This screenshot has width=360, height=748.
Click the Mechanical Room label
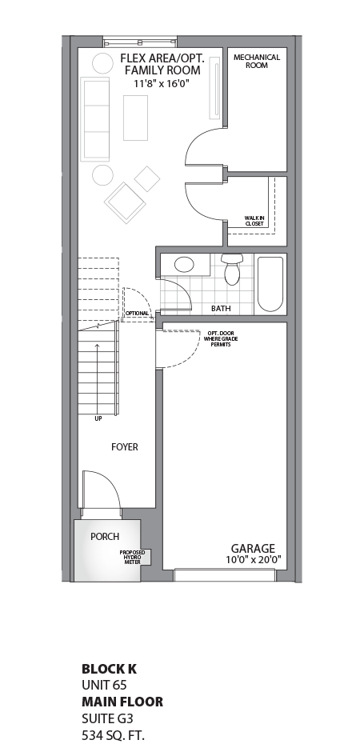click(x=256, y=61)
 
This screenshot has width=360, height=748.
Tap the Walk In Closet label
click(x=255, y=220)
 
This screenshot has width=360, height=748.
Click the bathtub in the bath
click(x=270, y=284)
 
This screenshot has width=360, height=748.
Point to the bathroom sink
click(x=184, y=265)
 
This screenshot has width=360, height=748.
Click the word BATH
click(x=221, y=308)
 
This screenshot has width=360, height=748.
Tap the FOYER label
click(x=124, y=447)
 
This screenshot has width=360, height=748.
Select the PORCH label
click(x=105, y=536)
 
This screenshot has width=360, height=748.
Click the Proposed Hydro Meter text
click(x=132, y=557)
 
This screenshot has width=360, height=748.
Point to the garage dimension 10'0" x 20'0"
click(x=253, y=560)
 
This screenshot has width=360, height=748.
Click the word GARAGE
click(x=253, y=548)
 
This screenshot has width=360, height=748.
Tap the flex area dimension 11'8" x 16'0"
click(x=161, y=82)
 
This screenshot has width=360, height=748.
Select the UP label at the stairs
click(x=97, y=418)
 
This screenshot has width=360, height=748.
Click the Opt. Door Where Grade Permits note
click(x=222, y=338)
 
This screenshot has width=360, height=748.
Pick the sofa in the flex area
click(x=95, y=119)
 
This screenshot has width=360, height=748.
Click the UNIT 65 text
click(x=105, y=685)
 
